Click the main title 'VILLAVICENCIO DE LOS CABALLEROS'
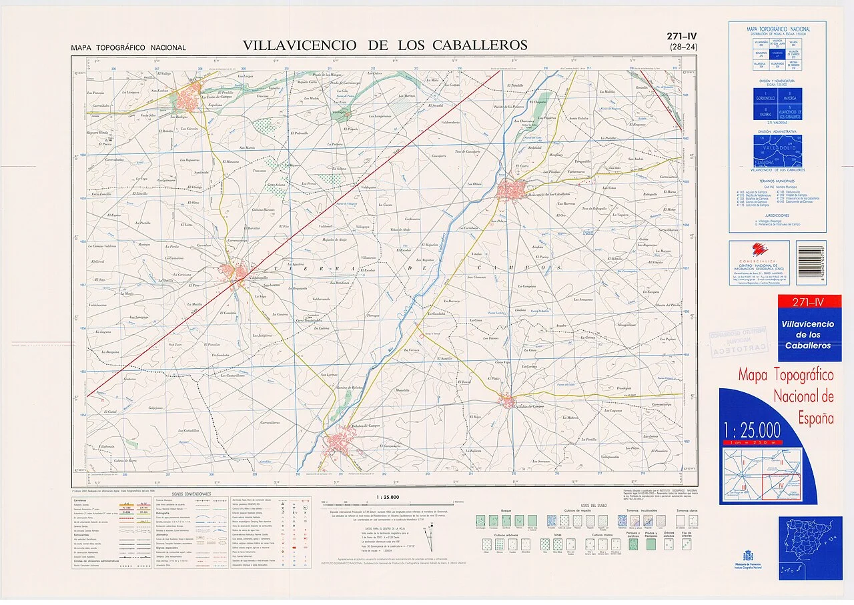click(385, 45)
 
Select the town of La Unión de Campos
click(195, 93)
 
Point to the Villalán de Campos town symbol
click(508, 402)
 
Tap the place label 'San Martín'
click(247, 147)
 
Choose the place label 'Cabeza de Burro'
click(125, 461)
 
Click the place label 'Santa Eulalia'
click(578, 119)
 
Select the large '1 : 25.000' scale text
click(751, 429)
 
